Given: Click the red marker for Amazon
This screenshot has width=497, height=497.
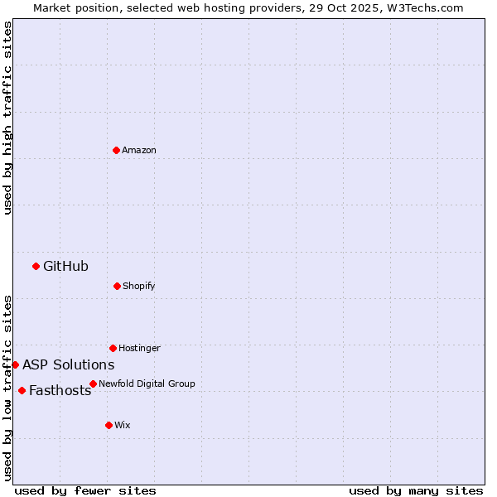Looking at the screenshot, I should (x=116, y=150).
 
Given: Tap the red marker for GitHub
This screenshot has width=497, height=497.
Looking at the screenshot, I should (x=36, y=266).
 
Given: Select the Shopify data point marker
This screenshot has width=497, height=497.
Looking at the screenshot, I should (x=117, y=286).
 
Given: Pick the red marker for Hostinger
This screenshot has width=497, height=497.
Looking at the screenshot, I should (x=113, y=348).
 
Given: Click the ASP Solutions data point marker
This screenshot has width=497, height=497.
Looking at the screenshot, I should (x=15, y=364).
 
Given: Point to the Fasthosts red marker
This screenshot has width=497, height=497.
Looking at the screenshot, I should (x=22, y=390).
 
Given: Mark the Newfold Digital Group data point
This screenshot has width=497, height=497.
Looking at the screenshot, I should (x=93, y=384).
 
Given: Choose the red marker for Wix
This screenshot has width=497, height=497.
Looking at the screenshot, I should (x=109, y=425).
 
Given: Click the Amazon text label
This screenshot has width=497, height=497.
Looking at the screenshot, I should (x=139, y=150).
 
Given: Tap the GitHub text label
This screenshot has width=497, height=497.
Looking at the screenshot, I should (x=65, y=266).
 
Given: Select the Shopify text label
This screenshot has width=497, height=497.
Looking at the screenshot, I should (x=139, y=286).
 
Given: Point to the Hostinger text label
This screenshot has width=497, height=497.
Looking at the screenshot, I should (x=139, y=348).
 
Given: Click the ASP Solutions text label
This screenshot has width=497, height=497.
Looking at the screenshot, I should (x=68, y=364).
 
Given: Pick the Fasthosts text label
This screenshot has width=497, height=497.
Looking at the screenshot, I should (x=60, y=390).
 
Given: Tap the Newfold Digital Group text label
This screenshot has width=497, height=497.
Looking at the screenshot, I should (x=147, y=384).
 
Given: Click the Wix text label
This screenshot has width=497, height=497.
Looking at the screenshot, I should (x=123, y=425).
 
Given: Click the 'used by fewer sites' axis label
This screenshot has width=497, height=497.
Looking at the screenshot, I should (x=85, y=490).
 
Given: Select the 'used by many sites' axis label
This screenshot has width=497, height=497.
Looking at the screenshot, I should (x=416, y=490).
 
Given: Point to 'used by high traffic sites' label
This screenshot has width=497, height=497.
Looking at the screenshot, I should (x=7, y=118).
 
